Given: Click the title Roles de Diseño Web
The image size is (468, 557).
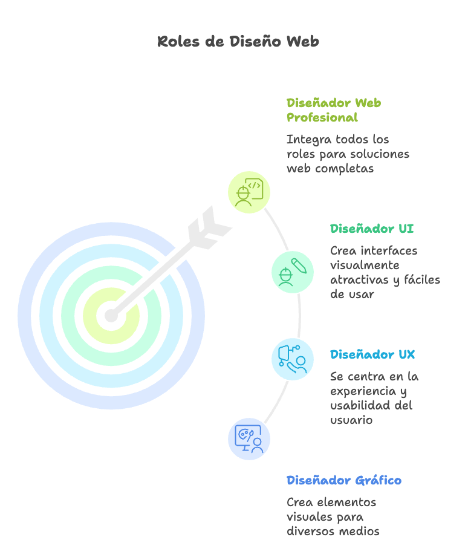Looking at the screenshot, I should coord(238,41).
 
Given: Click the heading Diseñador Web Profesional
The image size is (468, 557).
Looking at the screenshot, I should coord(333,109).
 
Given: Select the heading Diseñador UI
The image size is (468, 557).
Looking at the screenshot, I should coord(372,229).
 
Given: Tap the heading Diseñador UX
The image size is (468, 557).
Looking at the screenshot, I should coord(372,354).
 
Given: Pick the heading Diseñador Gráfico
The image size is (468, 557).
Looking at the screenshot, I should coord(343,480).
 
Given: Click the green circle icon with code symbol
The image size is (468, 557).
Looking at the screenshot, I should coord(249,192).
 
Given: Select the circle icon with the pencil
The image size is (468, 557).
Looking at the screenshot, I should coord(292,272).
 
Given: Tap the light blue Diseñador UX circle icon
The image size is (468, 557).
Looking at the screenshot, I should coord(292,359).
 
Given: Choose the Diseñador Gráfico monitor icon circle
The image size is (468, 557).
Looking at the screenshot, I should coord(249,438).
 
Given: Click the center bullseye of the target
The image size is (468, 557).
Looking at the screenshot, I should coord(111,316).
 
